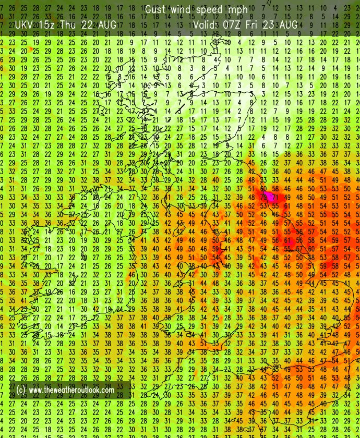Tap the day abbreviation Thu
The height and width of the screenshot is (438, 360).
click(x=70, y=25)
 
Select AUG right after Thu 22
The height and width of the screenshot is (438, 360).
click(x=108, y=25)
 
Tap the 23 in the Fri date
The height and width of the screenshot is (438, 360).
click(x=270, y=25)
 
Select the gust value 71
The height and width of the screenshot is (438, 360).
click(x=275, y=197)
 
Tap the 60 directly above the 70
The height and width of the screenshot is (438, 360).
click(x=263, y=188)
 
